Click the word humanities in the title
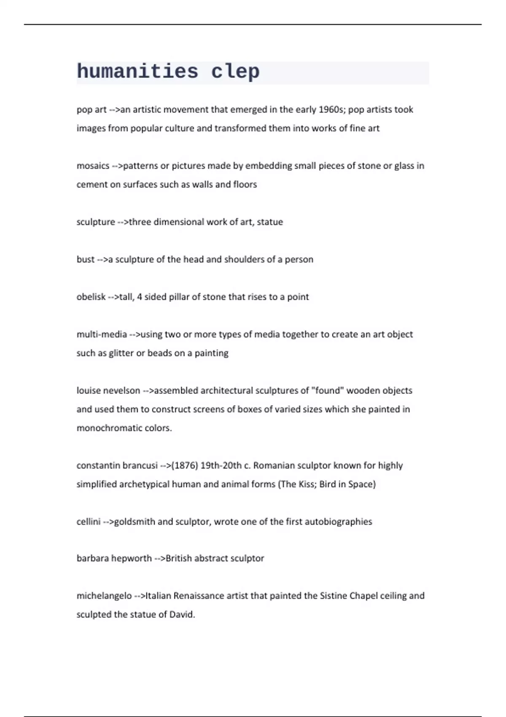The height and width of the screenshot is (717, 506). (137, 71)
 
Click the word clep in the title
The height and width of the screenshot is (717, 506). (235, 71)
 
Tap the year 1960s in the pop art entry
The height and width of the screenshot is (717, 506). (332, 110)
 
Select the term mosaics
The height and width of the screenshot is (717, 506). (93, 166)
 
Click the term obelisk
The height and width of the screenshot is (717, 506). (91, 297)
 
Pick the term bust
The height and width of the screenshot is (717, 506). (85, 259)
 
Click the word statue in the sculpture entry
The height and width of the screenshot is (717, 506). (270, 222)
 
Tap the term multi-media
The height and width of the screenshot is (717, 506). (102, 334)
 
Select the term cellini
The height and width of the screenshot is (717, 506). (89, 522)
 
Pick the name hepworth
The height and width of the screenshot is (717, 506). (131, 558)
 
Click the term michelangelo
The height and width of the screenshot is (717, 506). (104, 596)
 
